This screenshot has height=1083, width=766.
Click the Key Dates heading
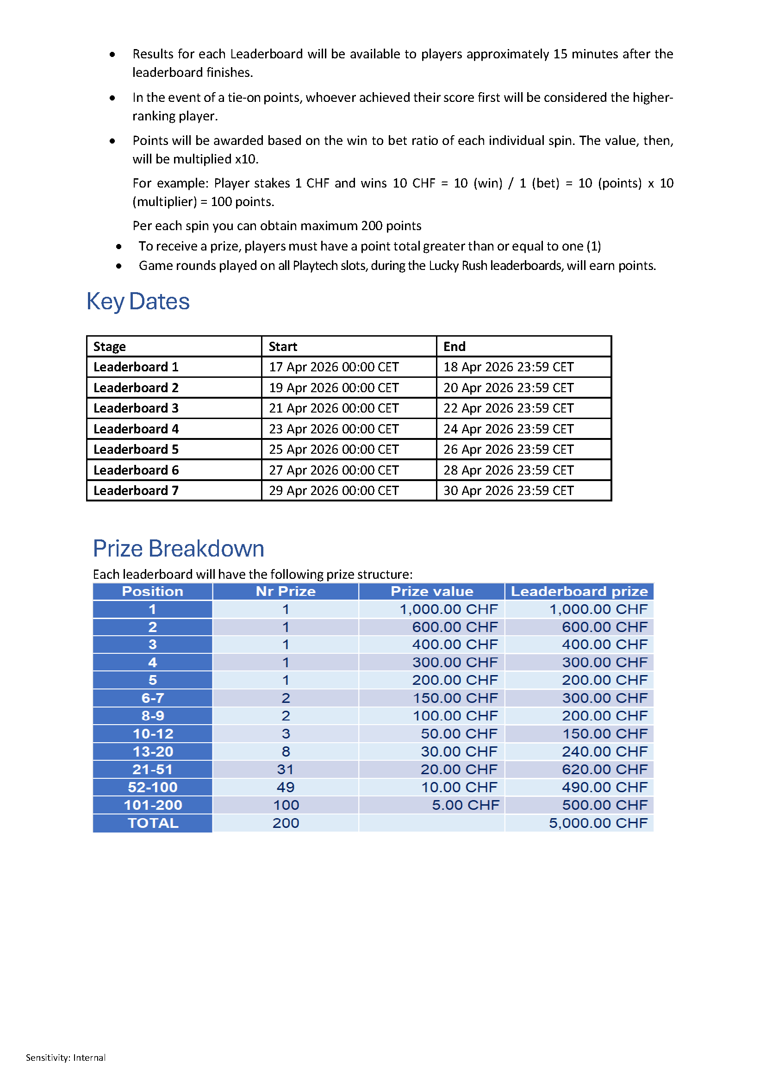coord(138,301)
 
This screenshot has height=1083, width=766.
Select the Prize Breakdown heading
coord(178,548)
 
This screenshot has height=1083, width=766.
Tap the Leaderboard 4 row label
coord(136,429)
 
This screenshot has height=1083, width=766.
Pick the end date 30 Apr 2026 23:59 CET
coord(508,491)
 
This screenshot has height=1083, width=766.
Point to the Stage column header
coord(109,347)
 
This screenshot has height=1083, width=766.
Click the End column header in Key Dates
coord(454,347)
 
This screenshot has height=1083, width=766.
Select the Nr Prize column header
coord(286,591)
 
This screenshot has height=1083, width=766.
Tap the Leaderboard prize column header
coord(579,591)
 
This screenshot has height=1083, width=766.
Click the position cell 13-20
coord(153,752)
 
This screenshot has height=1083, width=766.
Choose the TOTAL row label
coord(153,823)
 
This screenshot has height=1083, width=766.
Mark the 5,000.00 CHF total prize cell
coord(598,823)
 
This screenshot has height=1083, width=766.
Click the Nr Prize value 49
coord(286,787)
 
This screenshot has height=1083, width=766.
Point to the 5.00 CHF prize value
coord(465,805)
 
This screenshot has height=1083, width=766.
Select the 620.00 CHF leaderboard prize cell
coord(604,770)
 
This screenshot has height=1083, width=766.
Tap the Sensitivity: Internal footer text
coord(66,1058)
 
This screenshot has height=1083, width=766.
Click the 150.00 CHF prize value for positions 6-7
coord(455,698)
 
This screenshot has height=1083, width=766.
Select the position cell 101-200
coord(153,805)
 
